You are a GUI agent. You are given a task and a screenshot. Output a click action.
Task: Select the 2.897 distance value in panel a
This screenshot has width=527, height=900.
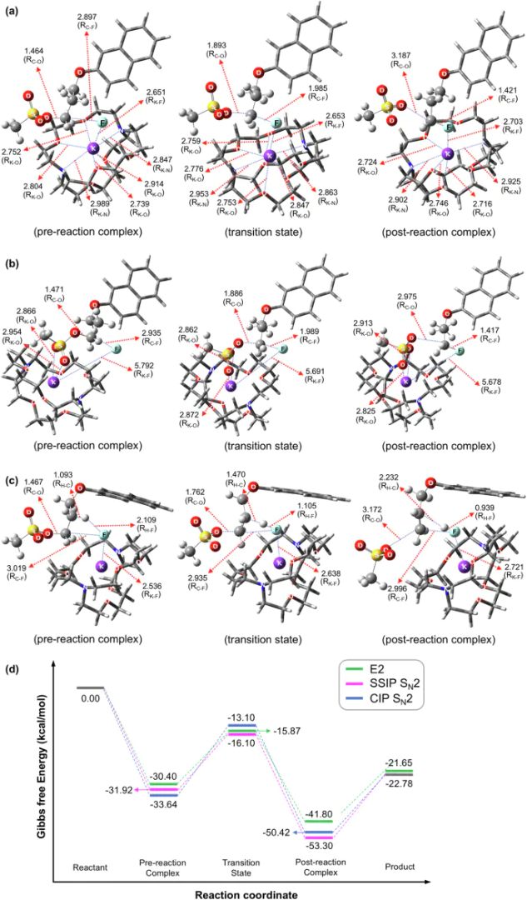click(x=86, y=17)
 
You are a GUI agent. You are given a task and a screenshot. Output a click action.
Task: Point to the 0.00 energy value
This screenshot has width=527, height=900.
click(x=90, y=698)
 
